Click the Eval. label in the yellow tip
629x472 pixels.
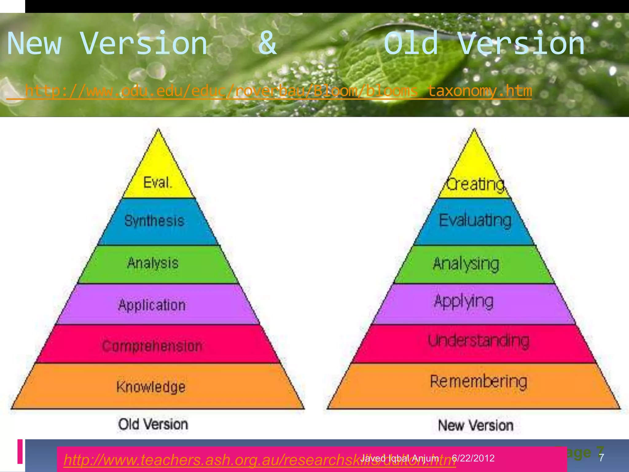(157, 183)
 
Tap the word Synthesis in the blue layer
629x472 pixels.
(154, 221)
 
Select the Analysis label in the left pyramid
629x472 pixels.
(153, 263)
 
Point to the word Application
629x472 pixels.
(152, 305)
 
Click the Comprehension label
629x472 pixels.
(152, 346)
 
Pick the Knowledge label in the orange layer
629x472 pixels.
(151, 387)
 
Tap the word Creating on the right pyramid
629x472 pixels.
(475, 184)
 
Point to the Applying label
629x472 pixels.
(464, 302)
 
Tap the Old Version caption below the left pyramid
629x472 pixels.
(153, 424)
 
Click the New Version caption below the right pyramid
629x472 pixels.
(475, 426)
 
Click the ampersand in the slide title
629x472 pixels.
(267, 44)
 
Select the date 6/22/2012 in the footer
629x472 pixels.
(473, 458)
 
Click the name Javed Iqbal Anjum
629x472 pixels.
(400, 458)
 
